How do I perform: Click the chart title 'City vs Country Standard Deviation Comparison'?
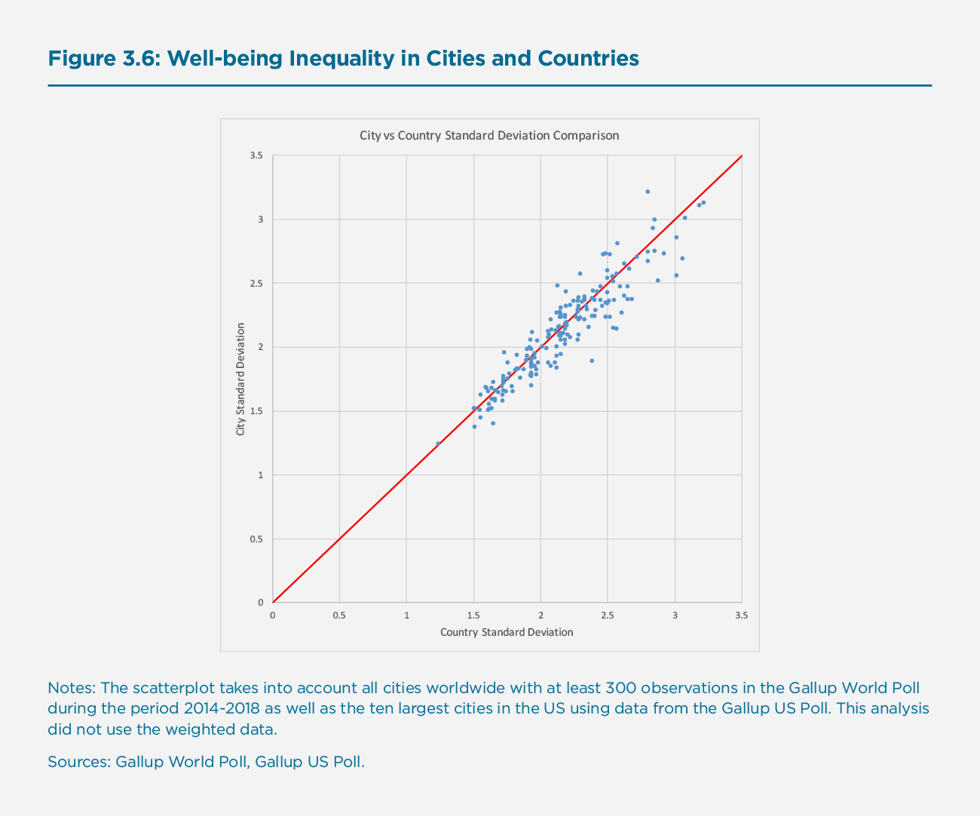coord(489,136)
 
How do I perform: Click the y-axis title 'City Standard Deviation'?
coord(240,379)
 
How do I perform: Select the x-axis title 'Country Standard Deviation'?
coord(507,632)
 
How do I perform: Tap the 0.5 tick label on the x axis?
coord(339,615)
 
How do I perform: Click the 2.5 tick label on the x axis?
coord(607,615)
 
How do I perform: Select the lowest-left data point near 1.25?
coord(438,443)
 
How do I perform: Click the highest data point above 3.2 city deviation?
coord(648,192)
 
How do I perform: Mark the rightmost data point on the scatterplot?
coord(703,202)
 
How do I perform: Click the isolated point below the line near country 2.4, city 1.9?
coord(592,360)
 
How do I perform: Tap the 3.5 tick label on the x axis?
coord(741,615)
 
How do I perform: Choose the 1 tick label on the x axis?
coord(406,615)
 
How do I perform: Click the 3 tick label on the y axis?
coord(261,219)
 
